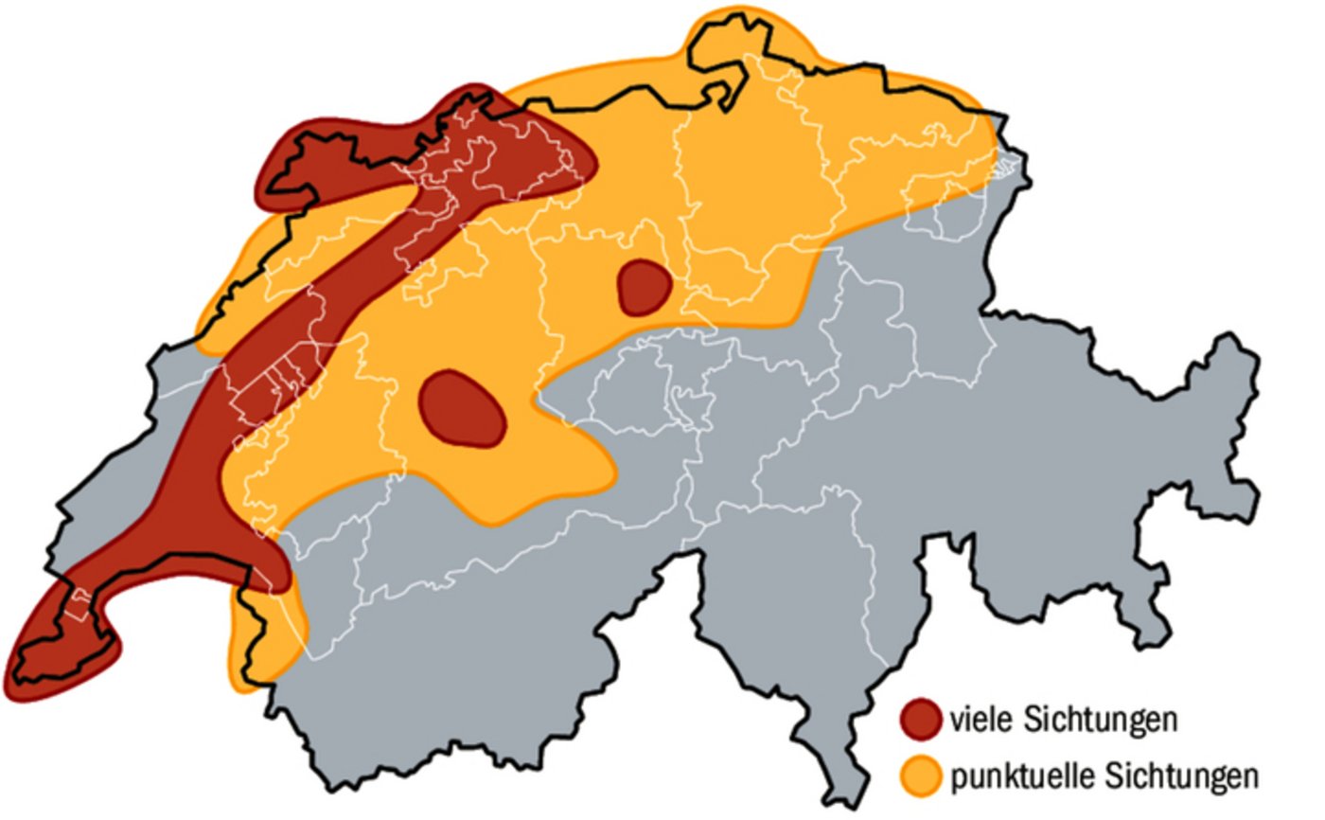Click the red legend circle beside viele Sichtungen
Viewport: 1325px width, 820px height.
pyautogui.click(x=921, y=719)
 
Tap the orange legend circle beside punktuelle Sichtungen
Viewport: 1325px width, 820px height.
pyautogui.click(x=921, y=775)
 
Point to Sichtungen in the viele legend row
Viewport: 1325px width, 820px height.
pyautogui.click(x=1100, y=720)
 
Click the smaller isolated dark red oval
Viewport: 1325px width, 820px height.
pyautogui.click(x=645, y=287)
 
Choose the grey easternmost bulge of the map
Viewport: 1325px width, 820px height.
pyautogui.click(x=1230, y=398)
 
